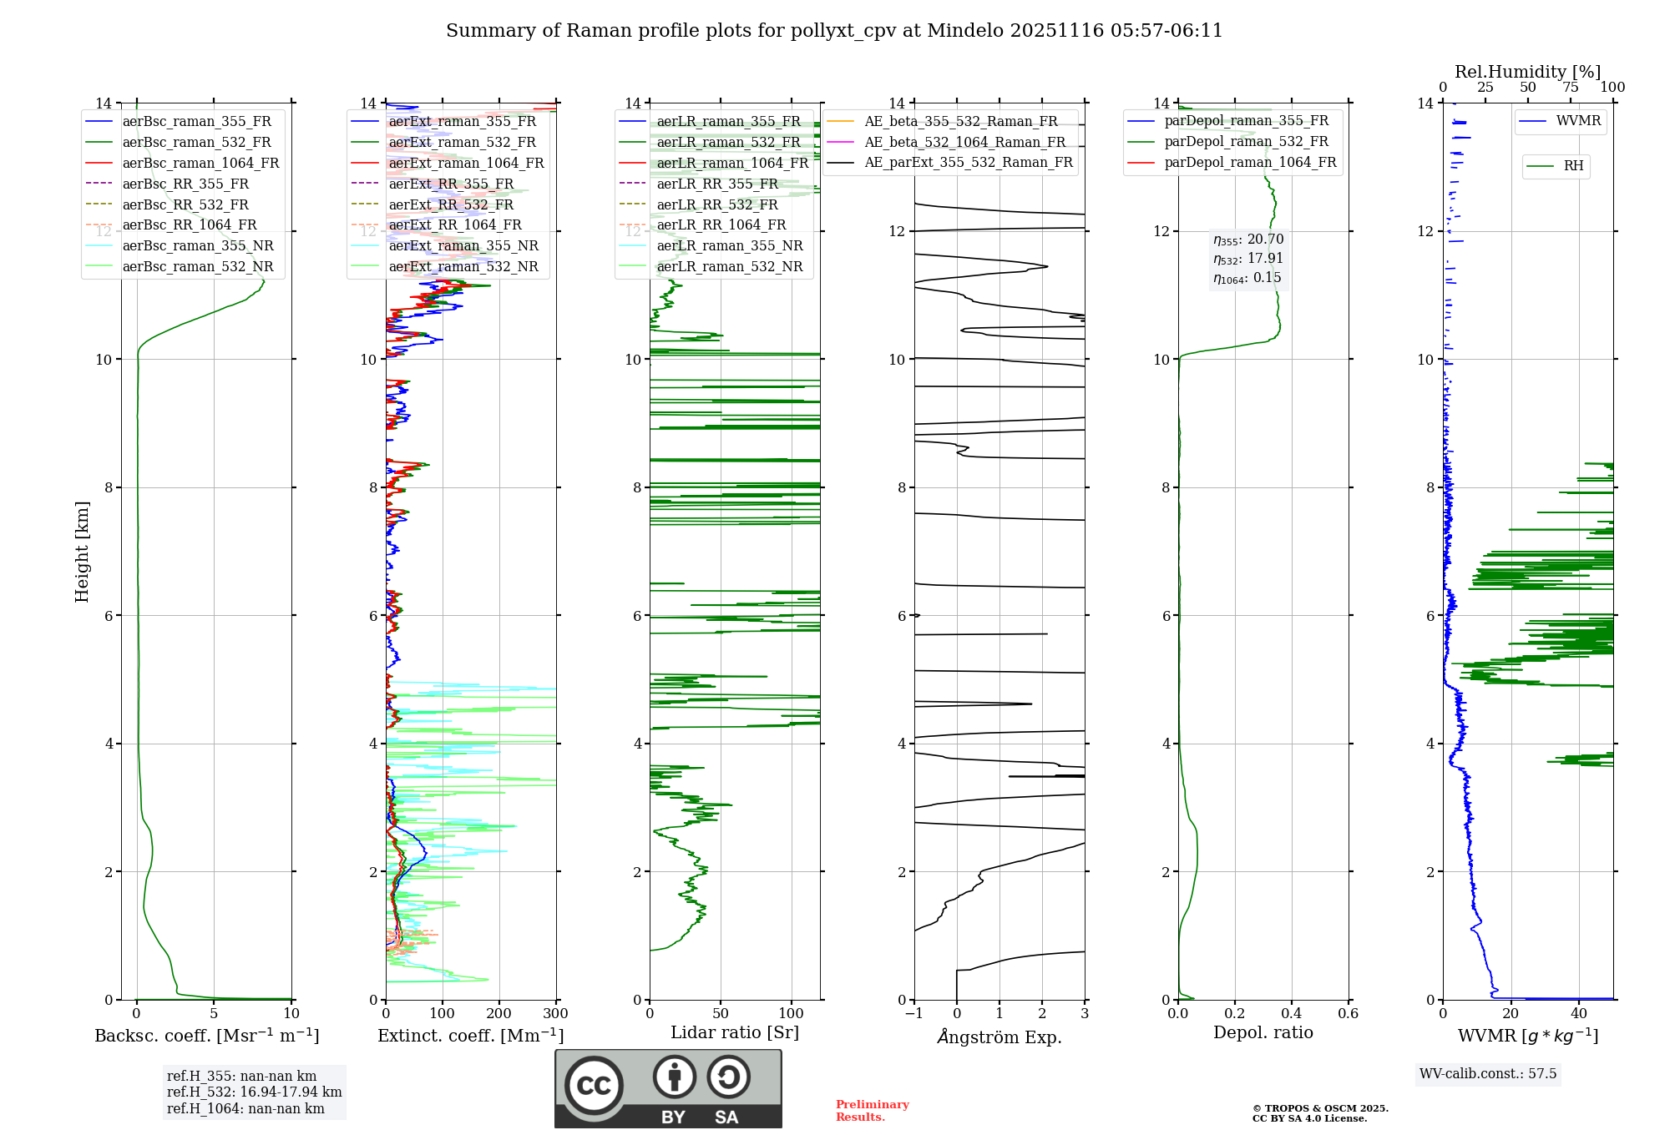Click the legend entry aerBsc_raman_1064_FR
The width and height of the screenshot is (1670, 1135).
click(200, 163)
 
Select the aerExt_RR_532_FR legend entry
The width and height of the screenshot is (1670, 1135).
click(451, 204)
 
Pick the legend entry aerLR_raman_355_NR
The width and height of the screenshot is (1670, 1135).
click(729, 245)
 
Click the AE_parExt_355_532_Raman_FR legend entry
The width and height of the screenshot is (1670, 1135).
click(969, 162)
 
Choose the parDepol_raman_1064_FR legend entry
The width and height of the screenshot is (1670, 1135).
click(1250, 162)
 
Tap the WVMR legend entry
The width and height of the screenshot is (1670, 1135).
click(1578, 121)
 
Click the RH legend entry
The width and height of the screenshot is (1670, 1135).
click(1573, 166)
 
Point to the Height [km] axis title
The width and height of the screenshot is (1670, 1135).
click(82, 551)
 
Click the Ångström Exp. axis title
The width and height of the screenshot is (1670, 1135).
click(999, 1037)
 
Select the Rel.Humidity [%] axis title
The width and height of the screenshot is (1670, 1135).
click(1527, 72)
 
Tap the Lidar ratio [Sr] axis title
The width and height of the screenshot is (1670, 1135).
click(735, 1032)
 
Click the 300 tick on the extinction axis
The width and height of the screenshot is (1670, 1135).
click(555, 1014)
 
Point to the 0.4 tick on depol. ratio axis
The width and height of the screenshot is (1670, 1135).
click(1291, 1014)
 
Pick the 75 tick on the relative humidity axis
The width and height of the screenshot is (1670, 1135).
click(1571, 88)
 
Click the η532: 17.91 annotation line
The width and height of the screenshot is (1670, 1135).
click(1248, 259)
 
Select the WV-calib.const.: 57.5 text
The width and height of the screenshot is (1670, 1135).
click(1488, 1073)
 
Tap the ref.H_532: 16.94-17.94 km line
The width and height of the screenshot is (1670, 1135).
click(254, 1092)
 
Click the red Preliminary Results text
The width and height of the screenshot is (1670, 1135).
click(872, 1111)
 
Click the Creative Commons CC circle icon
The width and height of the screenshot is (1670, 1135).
click(594, 1086)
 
